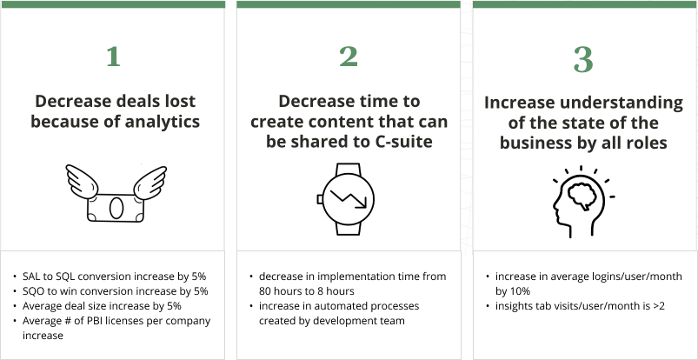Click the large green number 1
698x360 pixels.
[114, 57]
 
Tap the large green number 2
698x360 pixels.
[349, 57]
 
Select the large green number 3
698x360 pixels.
[583, 60]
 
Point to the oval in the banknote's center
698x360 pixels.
[116, 208]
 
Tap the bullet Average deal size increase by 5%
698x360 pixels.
[102, 306]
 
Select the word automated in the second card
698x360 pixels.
[329, 306]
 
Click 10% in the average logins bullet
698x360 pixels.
[520, 291]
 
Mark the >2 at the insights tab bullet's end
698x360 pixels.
[658, 306]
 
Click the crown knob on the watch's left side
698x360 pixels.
[320, 199]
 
